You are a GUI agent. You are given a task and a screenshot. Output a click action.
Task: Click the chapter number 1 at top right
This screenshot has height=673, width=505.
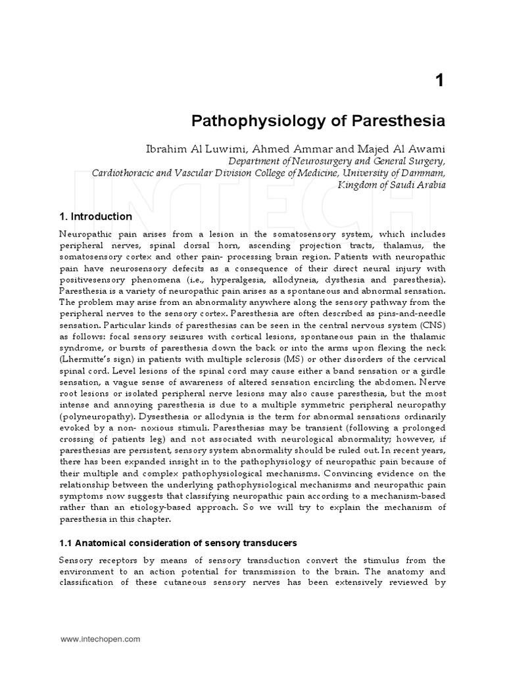coord(440,81)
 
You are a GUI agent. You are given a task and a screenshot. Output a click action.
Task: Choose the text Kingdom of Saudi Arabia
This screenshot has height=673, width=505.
coord(392,185)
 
